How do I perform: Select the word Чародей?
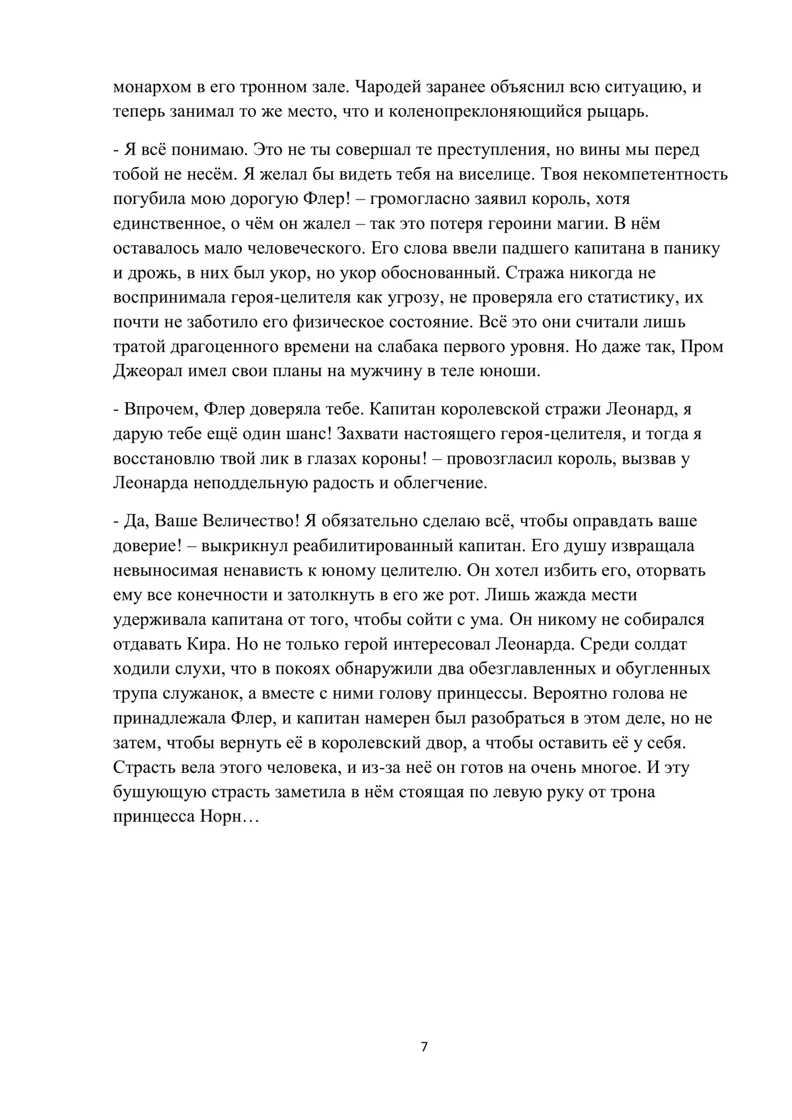click(x=382, y=87)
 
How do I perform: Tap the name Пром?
click(x=702, y=346)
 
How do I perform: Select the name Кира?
click(x=205, y=645)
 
